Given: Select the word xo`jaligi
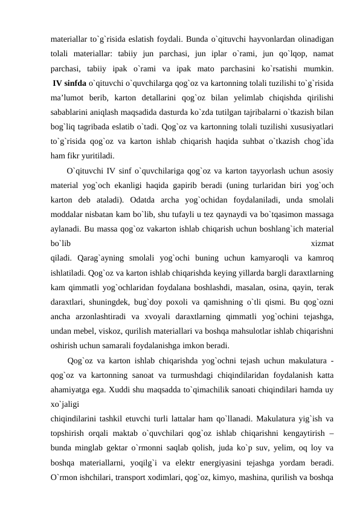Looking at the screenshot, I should coord(66,406).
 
